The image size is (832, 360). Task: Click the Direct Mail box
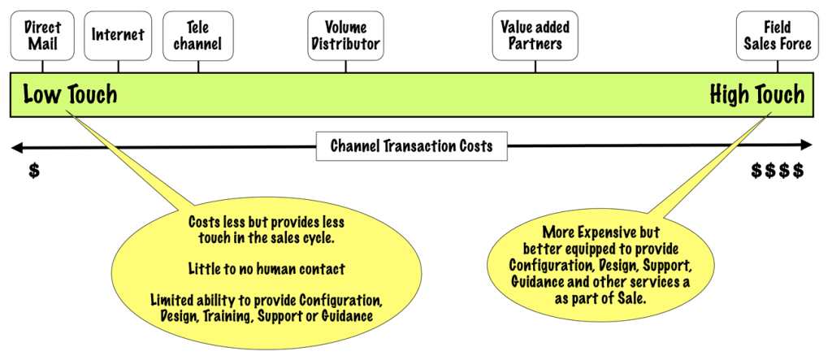[x=42, y=35]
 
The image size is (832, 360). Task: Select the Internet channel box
[x=118, y=35]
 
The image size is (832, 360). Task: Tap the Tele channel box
[x=197, y=35]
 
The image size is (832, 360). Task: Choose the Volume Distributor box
[x=345, y=35]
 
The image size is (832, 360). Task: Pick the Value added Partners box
[x=535, y=35]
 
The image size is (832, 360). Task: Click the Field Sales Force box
[x=778, y=35]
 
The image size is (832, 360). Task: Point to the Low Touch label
[x=70, y=95]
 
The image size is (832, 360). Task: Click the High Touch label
[x=756, y=95]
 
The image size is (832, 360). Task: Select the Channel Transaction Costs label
[x=410, y=146]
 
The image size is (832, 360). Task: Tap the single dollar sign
[x=33, y=171]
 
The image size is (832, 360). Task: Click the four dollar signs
[x=778, y=171]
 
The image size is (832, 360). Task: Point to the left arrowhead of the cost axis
[x=15, y=146]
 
